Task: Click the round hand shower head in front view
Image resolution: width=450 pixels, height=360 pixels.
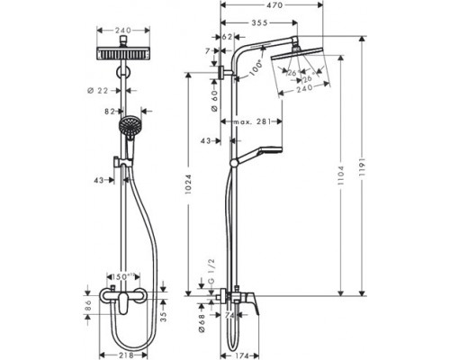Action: [131, 127]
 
